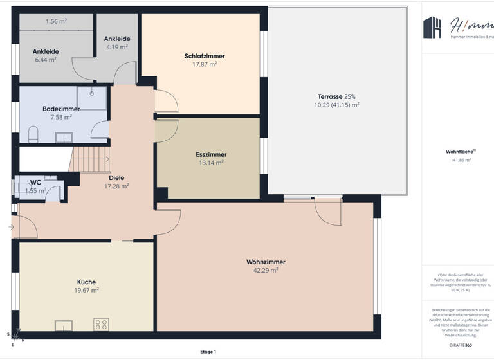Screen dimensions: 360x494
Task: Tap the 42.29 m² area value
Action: [265, 271]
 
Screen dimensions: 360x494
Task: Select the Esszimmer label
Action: [211, 154]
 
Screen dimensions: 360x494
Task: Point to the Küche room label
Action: [86, 282]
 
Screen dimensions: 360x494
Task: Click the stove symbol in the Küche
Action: [101, 323]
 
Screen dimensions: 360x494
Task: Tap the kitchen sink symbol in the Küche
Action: [64, 325]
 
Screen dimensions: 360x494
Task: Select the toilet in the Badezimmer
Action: [34, 134]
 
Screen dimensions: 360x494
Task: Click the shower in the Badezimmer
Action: [91, 97]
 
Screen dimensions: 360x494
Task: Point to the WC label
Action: [35, 183]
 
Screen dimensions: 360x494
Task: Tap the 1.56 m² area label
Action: [56, 21]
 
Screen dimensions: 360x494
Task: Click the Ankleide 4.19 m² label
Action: [118, 42]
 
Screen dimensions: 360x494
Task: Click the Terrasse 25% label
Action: [336, 96]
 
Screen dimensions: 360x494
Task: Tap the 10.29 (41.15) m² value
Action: [336, 105]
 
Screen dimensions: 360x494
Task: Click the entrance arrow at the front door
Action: [11, 227]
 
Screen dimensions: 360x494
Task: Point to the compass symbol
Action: [17, 334]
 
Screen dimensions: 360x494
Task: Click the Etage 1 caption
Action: [208, 352]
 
